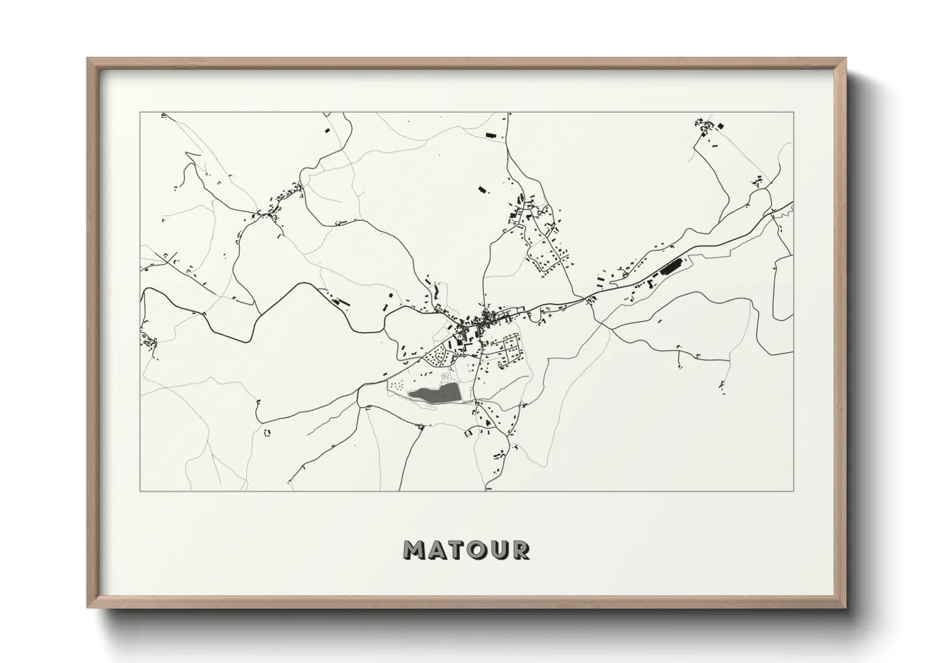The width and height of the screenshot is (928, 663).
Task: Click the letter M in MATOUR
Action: click(416, 550)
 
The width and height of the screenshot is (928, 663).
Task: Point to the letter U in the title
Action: click(502, 550)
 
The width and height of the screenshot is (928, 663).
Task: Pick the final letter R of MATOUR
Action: click(521, 550)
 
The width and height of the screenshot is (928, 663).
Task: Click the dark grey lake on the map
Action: click(435, 394)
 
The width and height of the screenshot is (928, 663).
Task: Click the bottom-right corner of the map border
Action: click(793, 491)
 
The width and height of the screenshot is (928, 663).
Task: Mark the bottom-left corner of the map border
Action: click(140, 491)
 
